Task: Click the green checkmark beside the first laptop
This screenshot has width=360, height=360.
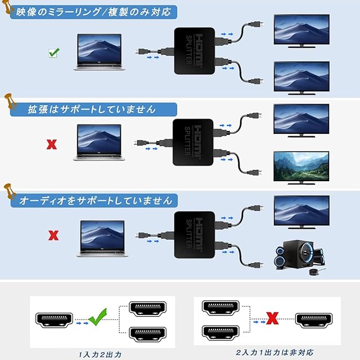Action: coord(54,53)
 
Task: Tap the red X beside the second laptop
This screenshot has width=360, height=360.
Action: coord(51,143)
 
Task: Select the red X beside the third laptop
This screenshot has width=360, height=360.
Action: coord(54,234)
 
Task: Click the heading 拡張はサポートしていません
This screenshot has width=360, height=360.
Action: coord(88,109)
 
